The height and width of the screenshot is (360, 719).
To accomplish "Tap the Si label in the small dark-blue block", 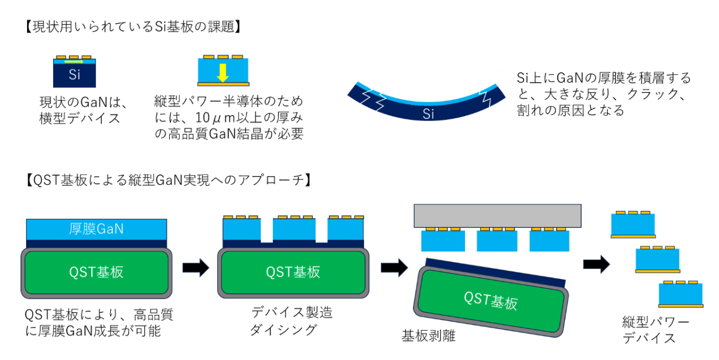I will pyautogui.click(x=74, y=75).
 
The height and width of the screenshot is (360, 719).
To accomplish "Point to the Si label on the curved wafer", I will pyautogui.click(x=429, y=115).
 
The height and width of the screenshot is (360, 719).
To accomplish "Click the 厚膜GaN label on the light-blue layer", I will pyautogui.click(x=96, y=229).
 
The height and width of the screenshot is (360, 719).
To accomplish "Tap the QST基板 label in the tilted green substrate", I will pyautogui.click(x=491, y=300).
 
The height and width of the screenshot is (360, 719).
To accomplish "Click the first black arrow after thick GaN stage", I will pyautogui.click(x=195, y=267).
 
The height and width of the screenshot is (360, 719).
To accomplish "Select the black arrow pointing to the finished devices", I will pyautogui.click(x=596, y=264).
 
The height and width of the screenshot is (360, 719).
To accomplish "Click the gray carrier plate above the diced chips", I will pyautogui.click(x=497, y=216).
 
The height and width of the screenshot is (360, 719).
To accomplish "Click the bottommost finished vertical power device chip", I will pyautogui.click(x=680, y=295).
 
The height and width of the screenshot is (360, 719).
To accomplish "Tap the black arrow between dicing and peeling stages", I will pyautogui.click(x=395, y=267).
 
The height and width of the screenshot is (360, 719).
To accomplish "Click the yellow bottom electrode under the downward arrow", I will pyautogui.click(x=222, y=84).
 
